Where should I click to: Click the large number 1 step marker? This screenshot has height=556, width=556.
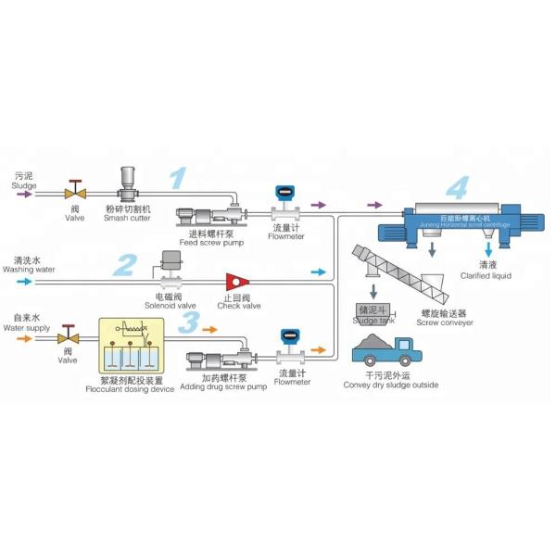pyautogui.click(x=177, y=178)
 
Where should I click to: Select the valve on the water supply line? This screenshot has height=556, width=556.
pyautogui.click(x=67, y=339)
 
